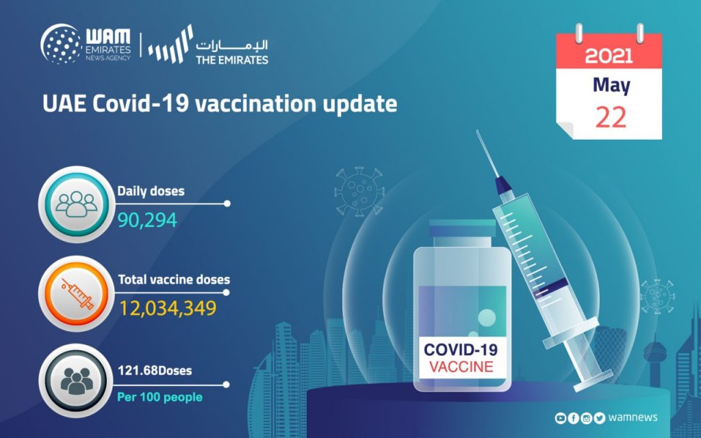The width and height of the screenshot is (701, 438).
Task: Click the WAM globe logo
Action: tap(61, 44)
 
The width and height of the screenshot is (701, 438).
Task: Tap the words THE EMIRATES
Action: tap(232, 60)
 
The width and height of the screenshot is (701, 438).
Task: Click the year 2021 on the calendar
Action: tap(609, 55)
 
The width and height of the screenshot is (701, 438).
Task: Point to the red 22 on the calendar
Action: tap(611, 118)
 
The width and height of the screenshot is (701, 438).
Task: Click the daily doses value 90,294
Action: tap(147, 220)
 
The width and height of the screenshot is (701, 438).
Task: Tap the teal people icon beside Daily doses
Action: tap(77, 204)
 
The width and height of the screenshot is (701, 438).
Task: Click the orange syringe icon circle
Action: tap(77, 294)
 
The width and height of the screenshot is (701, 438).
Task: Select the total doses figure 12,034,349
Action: tap(168, 309)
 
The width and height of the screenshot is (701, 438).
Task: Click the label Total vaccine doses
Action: tap(174, 280)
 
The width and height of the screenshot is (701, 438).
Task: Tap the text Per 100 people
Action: tap(160, 397)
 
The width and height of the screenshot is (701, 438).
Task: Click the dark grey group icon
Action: tap(77, 381)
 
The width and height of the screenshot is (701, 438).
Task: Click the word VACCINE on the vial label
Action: tap(461, 367)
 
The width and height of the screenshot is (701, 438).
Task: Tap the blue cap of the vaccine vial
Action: tap(462, 228)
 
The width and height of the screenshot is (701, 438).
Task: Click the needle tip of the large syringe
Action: tap(477, 131)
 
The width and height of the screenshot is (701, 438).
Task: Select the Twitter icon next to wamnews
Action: tap(600, 418)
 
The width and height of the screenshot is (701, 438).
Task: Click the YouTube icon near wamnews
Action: tap(561, 418)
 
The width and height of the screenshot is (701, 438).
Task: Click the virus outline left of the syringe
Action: tap(359, 192)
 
